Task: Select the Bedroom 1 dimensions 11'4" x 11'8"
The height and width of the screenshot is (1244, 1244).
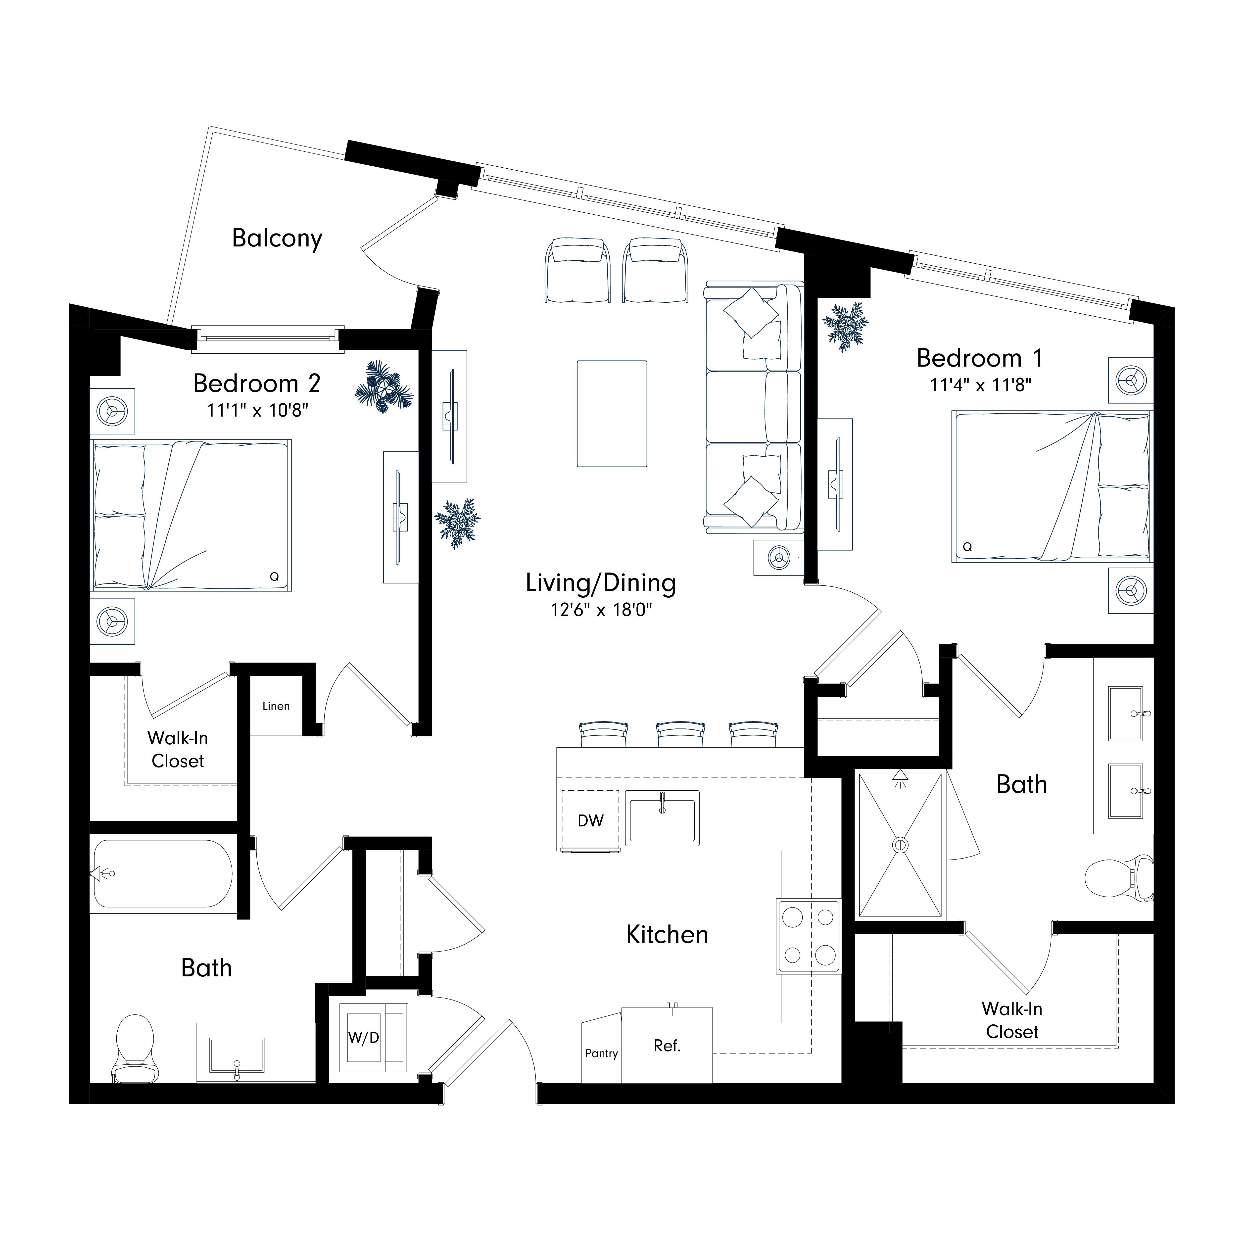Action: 981,385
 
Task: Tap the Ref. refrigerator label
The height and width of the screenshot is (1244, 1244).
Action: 667,1046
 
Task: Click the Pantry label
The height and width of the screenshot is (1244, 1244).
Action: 601,1053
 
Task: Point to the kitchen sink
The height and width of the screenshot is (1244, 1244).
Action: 662,818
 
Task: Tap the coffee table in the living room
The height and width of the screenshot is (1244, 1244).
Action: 612,413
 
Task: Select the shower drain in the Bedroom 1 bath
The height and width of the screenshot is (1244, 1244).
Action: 900,844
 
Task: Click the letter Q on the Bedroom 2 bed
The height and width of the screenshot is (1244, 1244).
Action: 274,577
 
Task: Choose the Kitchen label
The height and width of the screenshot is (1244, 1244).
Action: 667,935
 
